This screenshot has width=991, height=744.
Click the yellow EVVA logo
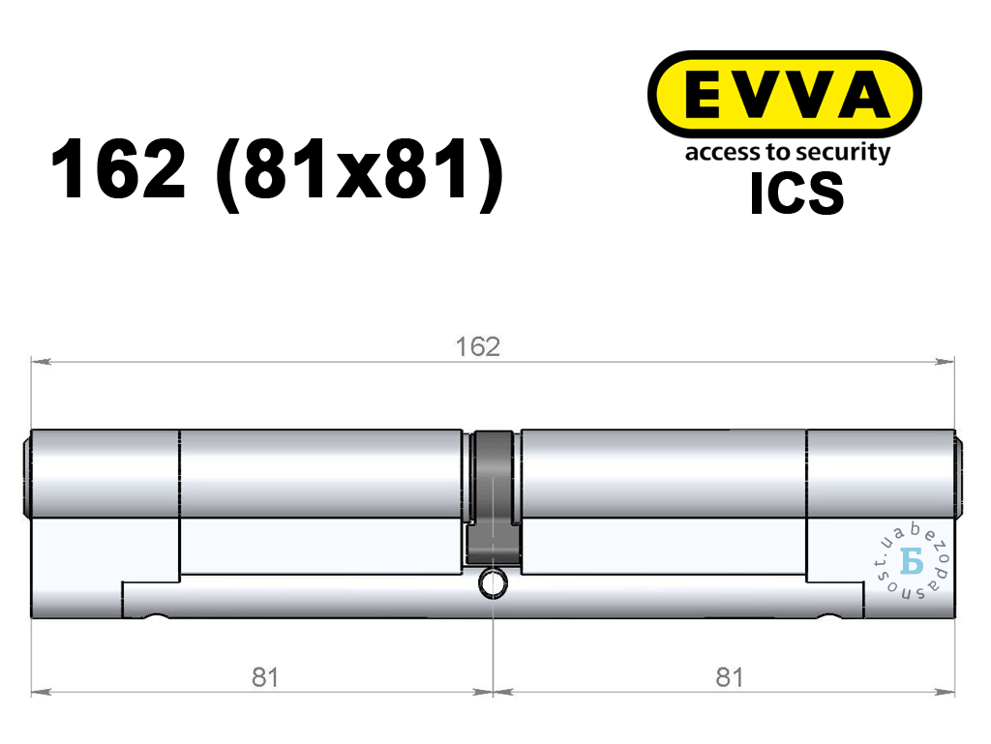pos(784,94)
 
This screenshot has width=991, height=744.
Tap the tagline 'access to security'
pos(788,153)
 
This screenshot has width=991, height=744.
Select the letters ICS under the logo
pos(796,193)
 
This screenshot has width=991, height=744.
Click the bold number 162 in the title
pos(118,169)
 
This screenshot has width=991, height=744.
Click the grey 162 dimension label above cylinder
pos(478,346)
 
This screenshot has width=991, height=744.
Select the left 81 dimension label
pos(265,677)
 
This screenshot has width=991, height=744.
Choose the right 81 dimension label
pos(730,677)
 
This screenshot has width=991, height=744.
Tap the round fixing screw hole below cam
pos(493,582)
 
